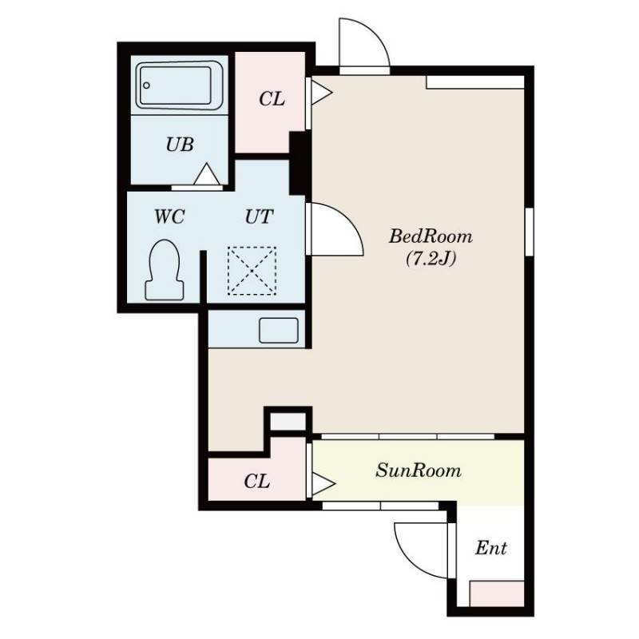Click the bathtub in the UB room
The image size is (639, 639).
179,85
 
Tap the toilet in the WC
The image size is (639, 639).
165,270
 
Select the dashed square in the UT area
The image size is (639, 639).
252,271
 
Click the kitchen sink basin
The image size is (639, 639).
279,330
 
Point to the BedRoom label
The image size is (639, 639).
431,236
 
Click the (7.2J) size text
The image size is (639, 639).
431,258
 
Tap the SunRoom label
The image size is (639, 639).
419,470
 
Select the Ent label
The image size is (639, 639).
491,548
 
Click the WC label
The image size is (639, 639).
169,216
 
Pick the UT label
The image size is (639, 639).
259,216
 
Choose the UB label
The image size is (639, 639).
180,145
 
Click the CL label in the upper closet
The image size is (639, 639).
272,99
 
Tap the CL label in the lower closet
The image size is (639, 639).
256,482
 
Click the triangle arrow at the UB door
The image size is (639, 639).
207,174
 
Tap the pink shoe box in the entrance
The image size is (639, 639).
496,593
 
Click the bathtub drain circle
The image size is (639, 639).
147,85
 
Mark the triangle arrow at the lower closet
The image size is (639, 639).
323,484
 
